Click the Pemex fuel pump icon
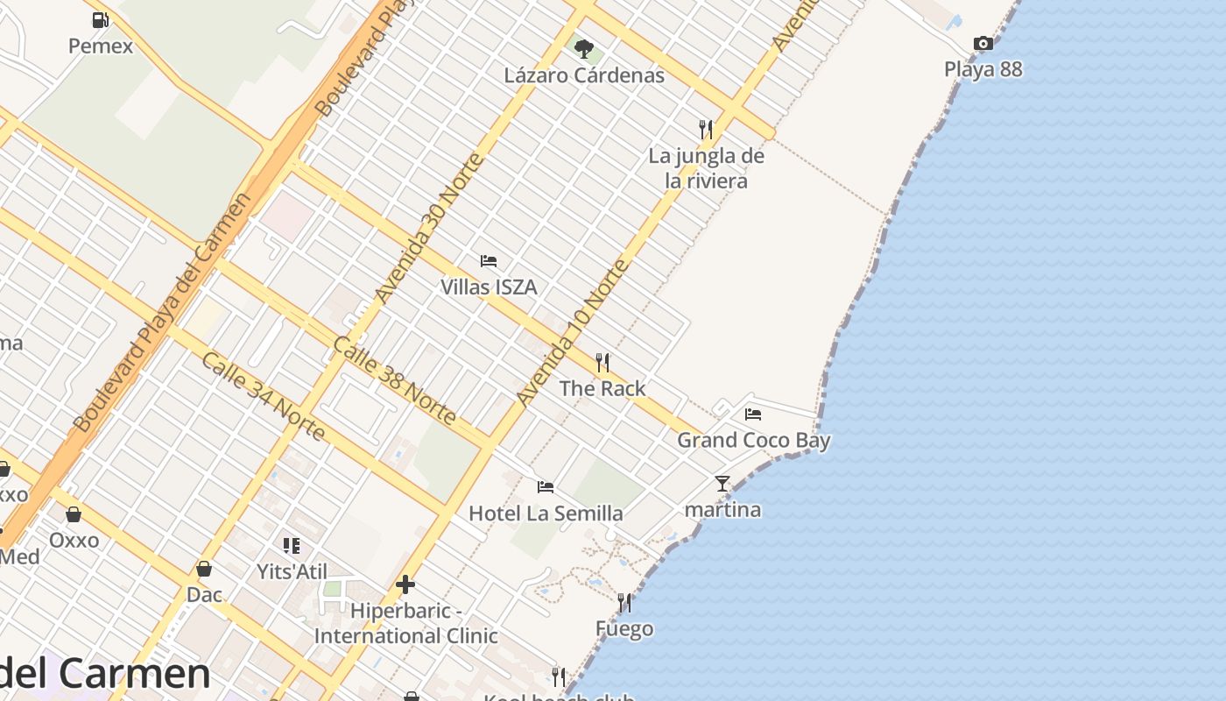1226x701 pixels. (x=101, y=19)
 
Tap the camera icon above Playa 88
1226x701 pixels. (x=983, y=43)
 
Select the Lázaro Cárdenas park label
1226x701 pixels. (x=584, y=75)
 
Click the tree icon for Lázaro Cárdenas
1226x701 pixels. (x=583, y=48)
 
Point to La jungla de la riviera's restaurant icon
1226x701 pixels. (x=706, y=130)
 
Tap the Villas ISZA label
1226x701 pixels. (x=489, y=287)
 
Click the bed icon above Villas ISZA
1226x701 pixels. (x=489, y=261)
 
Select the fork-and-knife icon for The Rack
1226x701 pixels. (x=602, y=363)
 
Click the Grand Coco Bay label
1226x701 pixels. (x=753, y=440)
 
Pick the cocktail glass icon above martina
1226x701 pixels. (x=722, y=483)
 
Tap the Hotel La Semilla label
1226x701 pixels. (x=546, y=513)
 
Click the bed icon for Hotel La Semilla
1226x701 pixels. (x=546, y=486)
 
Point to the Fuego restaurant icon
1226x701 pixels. (x=624, y=602)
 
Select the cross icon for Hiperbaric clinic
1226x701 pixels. (x=405, y=584)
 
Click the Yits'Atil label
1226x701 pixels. (x=292, y=572)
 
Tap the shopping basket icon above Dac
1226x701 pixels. (x=204, y=569)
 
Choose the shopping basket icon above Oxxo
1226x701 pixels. (x=74, y=513)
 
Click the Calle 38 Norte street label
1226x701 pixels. (x=394, y=380)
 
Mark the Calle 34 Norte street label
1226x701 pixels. (x=263, y=396)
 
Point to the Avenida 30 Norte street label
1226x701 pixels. (x=428, y=229)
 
